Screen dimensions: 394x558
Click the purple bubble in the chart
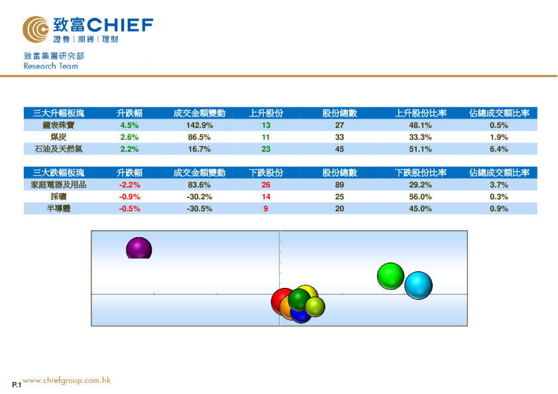click(x=139, y=249)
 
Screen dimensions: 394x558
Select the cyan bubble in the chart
click(x=418, y=285)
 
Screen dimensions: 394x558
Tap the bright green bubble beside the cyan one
click(x=390, y=275)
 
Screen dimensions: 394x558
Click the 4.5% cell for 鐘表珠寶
click(x=129, y=125)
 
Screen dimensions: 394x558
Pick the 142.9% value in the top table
click(x=199, y=125)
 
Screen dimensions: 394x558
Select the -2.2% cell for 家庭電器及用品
click(x=129, y=185)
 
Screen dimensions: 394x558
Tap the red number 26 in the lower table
click(x=266, y=185)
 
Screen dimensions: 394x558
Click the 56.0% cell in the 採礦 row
click(x=420, y=197)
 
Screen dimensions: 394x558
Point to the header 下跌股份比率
click(x=420, y=173)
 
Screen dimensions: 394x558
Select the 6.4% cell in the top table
click(x=498, y=149)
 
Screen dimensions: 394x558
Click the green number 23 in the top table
click(x=266, y=149)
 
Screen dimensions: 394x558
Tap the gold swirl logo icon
click(x=36, y=29)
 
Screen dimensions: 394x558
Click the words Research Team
click(x=50, y=66)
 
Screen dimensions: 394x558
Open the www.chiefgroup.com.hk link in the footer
click(x=66, y=381)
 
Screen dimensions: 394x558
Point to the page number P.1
click(x=17, y=385)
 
